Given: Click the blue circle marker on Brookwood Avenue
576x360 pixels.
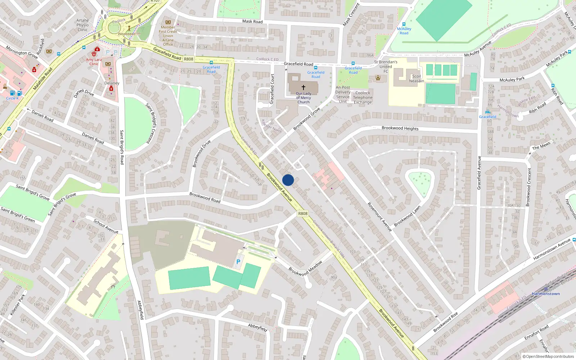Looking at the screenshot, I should pos(288,180).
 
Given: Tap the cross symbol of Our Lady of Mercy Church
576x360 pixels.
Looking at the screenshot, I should pos(303,87).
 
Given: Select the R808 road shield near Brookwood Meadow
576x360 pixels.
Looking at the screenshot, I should pos(303,213).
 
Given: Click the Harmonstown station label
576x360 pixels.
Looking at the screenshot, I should pos(545,294).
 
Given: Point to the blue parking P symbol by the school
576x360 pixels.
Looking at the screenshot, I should pos(238,262).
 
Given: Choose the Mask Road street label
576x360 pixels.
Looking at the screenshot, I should pos(252,21).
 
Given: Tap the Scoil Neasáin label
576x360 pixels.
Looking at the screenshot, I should pos(416,78).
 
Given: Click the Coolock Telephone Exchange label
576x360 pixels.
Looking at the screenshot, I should pos(363,98).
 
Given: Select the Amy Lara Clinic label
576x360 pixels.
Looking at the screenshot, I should pos(94,62).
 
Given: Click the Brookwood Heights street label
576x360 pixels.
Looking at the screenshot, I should pos(400,128).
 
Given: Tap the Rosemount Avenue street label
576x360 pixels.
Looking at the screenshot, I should pos(379,217).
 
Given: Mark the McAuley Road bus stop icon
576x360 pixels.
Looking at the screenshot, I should pos(404,24).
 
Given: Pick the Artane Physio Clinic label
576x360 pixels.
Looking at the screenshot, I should pos(82,25).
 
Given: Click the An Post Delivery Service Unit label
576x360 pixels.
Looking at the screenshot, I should pos(343,94).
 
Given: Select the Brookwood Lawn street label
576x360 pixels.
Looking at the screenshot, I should pos(407,216).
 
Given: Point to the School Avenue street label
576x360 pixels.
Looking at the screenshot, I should pos(106,226).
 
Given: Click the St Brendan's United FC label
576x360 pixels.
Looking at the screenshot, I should pos(386,67).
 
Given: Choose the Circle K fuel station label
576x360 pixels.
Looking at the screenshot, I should pos(12,98).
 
